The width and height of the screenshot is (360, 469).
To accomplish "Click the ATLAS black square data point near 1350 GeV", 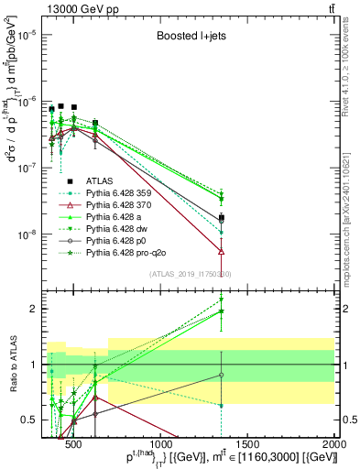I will pos(222,218).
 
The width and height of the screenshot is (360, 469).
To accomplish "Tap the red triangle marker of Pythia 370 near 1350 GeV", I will pos(222,251).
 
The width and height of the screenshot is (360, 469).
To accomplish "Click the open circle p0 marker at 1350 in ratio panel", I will pos(222,375).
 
